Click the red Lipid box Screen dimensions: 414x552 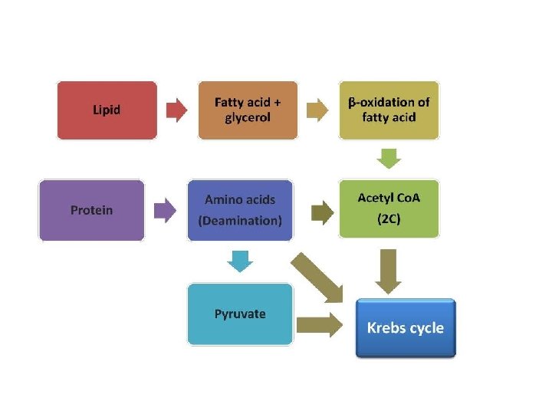pos(107,110)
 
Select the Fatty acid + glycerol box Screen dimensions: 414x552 pos(247,110)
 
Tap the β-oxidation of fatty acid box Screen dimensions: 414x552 pos(389,110)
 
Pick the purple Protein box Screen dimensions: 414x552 pos(91,210)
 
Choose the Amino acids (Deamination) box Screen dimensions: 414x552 pos(240,210)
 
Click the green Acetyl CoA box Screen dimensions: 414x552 pos(389,209)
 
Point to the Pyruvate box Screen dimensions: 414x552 pos(240,314)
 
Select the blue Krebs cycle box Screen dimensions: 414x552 pos(406,328)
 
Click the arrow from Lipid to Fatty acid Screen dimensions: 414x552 pos(177,110)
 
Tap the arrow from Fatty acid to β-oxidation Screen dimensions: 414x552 pos(317,110)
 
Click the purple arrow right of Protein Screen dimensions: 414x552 pos(165,210)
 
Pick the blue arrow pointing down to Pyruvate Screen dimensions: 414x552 pos(240,261)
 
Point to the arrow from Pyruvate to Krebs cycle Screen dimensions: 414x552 pos(320,324)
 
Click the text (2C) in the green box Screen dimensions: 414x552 pos(389,219)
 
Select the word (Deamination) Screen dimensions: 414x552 pos(240,221)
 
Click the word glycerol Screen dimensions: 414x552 pos(248,118)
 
